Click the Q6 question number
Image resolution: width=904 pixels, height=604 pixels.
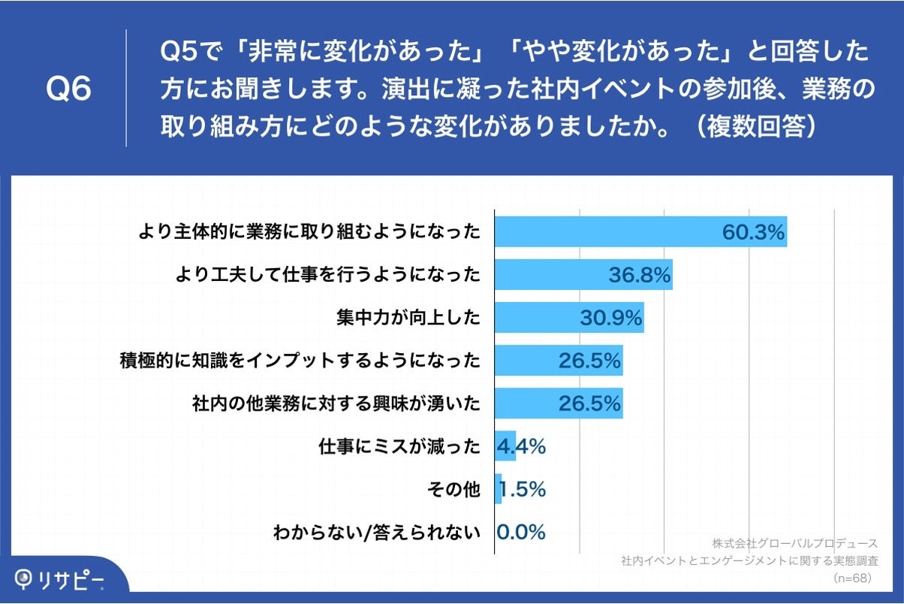click(x=69, y=89)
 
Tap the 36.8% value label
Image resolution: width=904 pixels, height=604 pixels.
click(x=640, y=276)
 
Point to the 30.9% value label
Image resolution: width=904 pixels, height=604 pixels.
click(x=611, y=319)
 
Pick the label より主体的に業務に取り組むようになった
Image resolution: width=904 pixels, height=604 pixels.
click(x=309, y=232)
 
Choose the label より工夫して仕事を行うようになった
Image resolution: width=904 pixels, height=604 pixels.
click(x=327, y=275)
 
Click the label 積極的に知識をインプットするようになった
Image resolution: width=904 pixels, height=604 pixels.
click(x=300, y=361)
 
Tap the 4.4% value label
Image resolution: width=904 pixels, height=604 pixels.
click(x=521, y=448)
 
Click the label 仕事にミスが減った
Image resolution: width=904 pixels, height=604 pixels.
click(x=399, y=448)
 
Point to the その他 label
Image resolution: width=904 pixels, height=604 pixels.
click(x=453, y=491)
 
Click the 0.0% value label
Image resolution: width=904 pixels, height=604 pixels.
click(x=521, y=533)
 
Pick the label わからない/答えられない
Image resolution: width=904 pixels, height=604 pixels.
click(x=376, y=533)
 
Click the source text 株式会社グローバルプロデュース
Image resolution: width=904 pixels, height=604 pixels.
click(x=795, y=543)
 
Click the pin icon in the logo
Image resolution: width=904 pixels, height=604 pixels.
click(x=25, y=579)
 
